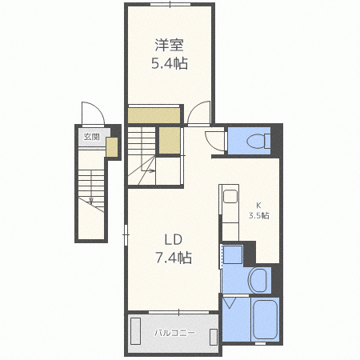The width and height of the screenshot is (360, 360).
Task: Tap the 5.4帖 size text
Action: tap(170, 63)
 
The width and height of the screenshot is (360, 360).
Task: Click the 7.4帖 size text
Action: tap(174, 257)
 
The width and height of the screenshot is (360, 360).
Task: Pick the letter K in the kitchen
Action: tap(258, 204)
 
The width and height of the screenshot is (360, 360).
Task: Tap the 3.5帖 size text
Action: tap(258, 216)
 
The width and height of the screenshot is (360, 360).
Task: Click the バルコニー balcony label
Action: tap(170, 332)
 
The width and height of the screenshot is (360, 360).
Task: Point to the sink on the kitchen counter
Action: tap(229, 197)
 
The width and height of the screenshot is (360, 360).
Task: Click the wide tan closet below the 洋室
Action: tap(154, 115)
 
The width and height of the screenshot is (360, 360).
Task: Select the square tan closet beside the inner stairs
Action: tap(169, 141)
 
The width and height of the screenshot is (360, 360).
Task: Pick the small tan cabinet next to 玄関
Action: tap(112, 146)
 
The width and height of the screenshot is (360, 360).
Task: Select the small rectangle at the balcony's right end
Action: tap(214, 332)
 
